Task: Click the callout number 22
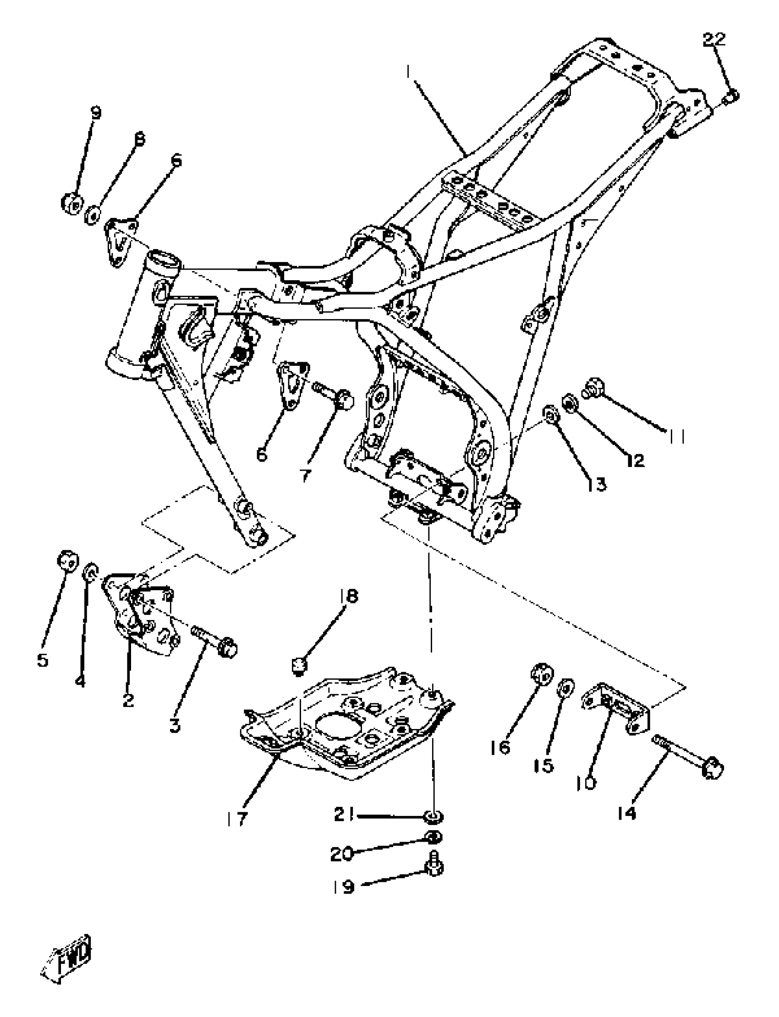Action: (x=713, y=40)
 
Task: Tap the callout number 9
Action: (x=95, y=113)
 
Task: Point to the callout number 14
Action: (x=626, y=813)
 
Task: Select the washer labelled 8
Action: (x=93, y=216)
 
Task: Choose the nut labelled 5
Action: (x=68, y=560)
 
